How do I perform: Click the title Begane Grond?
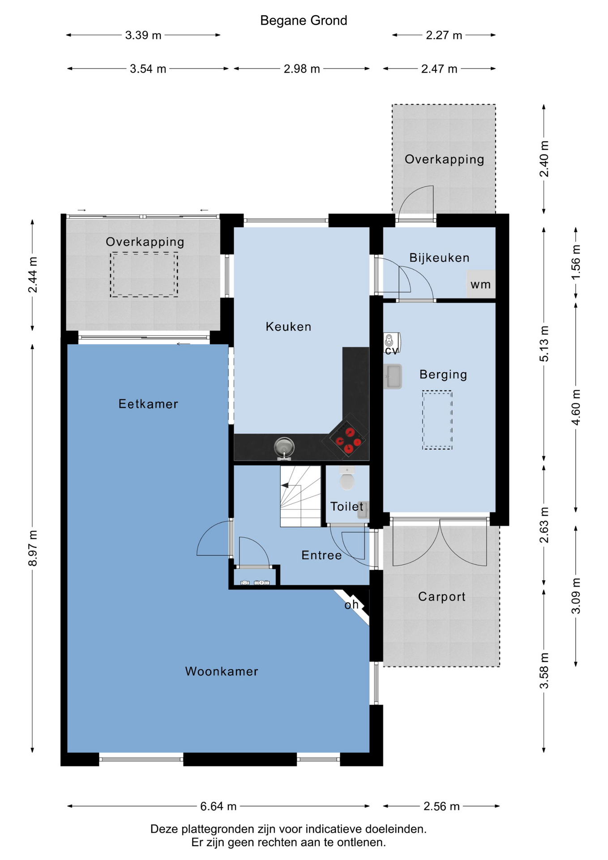[304, 21]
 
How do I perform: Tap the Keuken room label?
[288, 327]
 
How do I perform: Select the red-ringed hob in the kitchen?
[347, 439]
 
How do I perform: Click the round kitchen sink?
[284, 447]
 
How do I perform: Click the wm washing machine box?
[481, 284]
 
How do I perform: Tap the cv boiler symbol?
[391, 344]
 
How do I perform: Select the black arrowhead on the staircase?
[285, 486]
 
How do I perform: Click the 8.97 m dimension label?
[33, 548]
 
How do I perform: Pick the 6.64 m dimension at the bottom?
[218, 806]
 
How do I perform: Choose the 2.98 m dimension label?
[302, 69]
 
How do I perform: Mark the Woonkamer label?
[222, 671]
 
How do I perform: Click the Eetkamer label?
[148, 404]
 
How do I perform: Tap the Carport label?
[442, 597]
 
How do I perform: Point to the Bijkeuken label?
[439, 258]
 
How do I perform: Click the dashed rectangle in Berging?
[437, 420]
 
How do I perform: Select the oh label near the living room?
[351, 605]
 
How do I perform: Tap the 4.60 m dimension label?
[576, 407]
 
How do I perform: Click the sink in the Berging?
[393, 376]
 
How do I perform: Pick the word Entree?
[321, 555]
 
